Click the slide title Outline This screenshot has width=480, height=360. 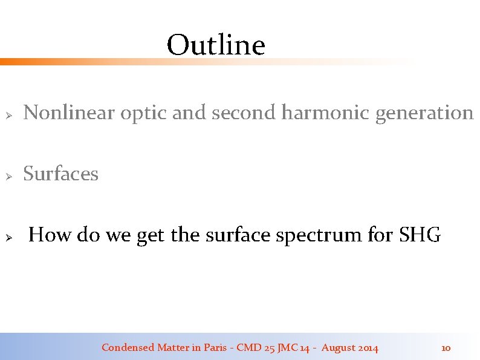pyautogui.click(x=216, y=45)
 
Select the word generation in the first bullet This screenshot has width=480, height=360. pyautogui.click(x=424, y=113)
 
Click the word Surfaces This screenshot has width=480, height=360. pyautogui.click(x=60, y=174)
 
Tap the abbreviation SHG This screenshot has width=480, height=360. pyautogui.click(x=420, y=235)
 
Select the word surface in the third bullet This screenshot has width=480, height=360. pyautogui.click(x=239, y=234)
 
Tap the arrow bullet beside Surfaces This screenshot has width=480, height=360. pyautogui.click(x=9, y=175)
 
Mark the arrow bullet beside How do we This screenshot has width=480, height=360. pyautogui.click(x=9, y=236)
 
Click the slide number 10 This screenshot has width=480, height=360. pyautogui.click(x=446, y=348)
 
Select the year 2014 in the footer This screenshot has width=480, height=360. pyautogui.click(x=368, y=348)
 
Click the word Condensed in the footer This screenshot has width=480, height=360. pyautogui.click(x=128, y=347)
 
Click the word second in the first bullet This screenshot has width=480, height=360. pyautogui.click(x=241, y=113)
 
